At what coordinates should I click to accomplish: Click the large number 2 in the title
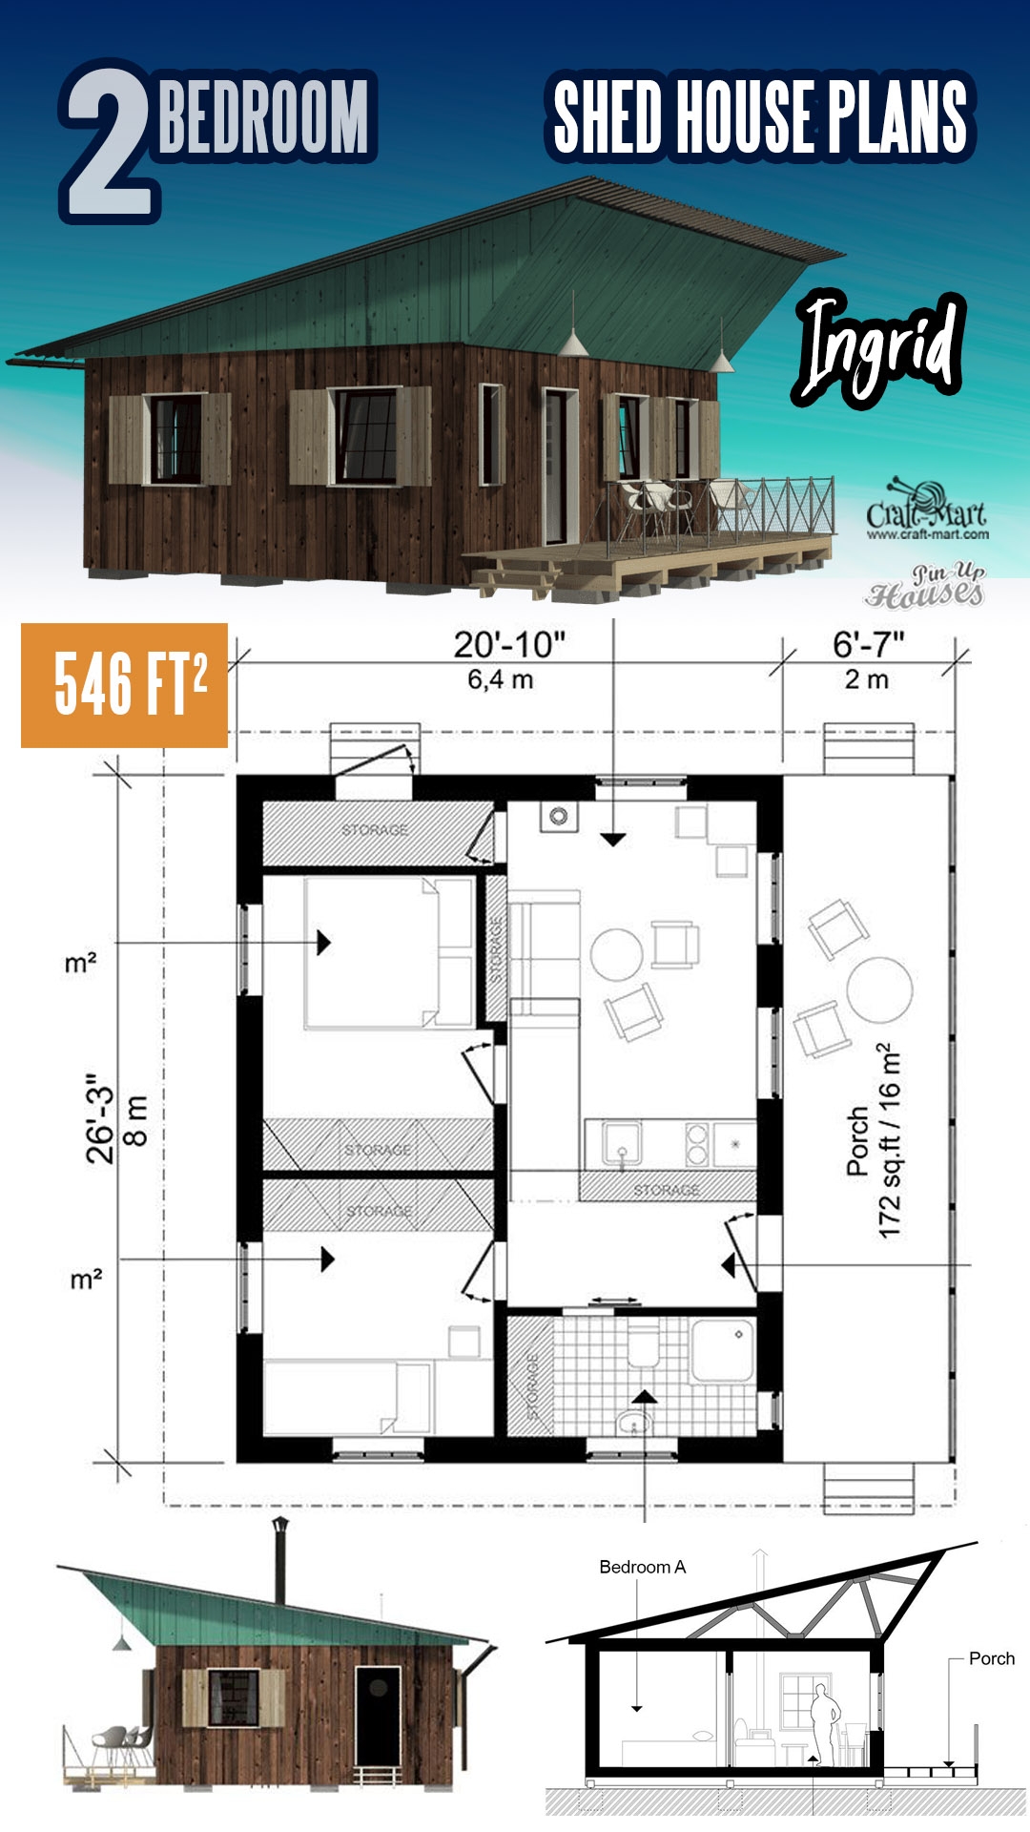click(107, 143)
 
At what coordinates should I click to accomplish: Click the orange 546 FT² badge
click(125, 684)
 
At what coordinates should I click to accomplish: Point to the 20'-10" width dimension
click(509, 646)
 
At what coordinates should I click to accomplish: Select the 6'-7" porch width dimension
click(868, 646)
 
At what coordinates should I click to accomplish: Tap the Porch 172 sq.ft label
click(873, 1140)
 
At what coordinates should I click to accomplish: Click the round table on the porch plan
click(879, 990)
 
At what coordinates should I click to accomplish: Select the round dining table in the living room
click(616, 954)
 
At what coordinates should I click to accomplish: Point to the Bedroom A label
click(642, 1567)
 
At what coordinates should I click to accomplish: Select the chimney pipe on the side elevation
click(280, 1561)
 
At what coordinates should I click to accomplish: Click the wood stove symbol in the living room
click(559, 816)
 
